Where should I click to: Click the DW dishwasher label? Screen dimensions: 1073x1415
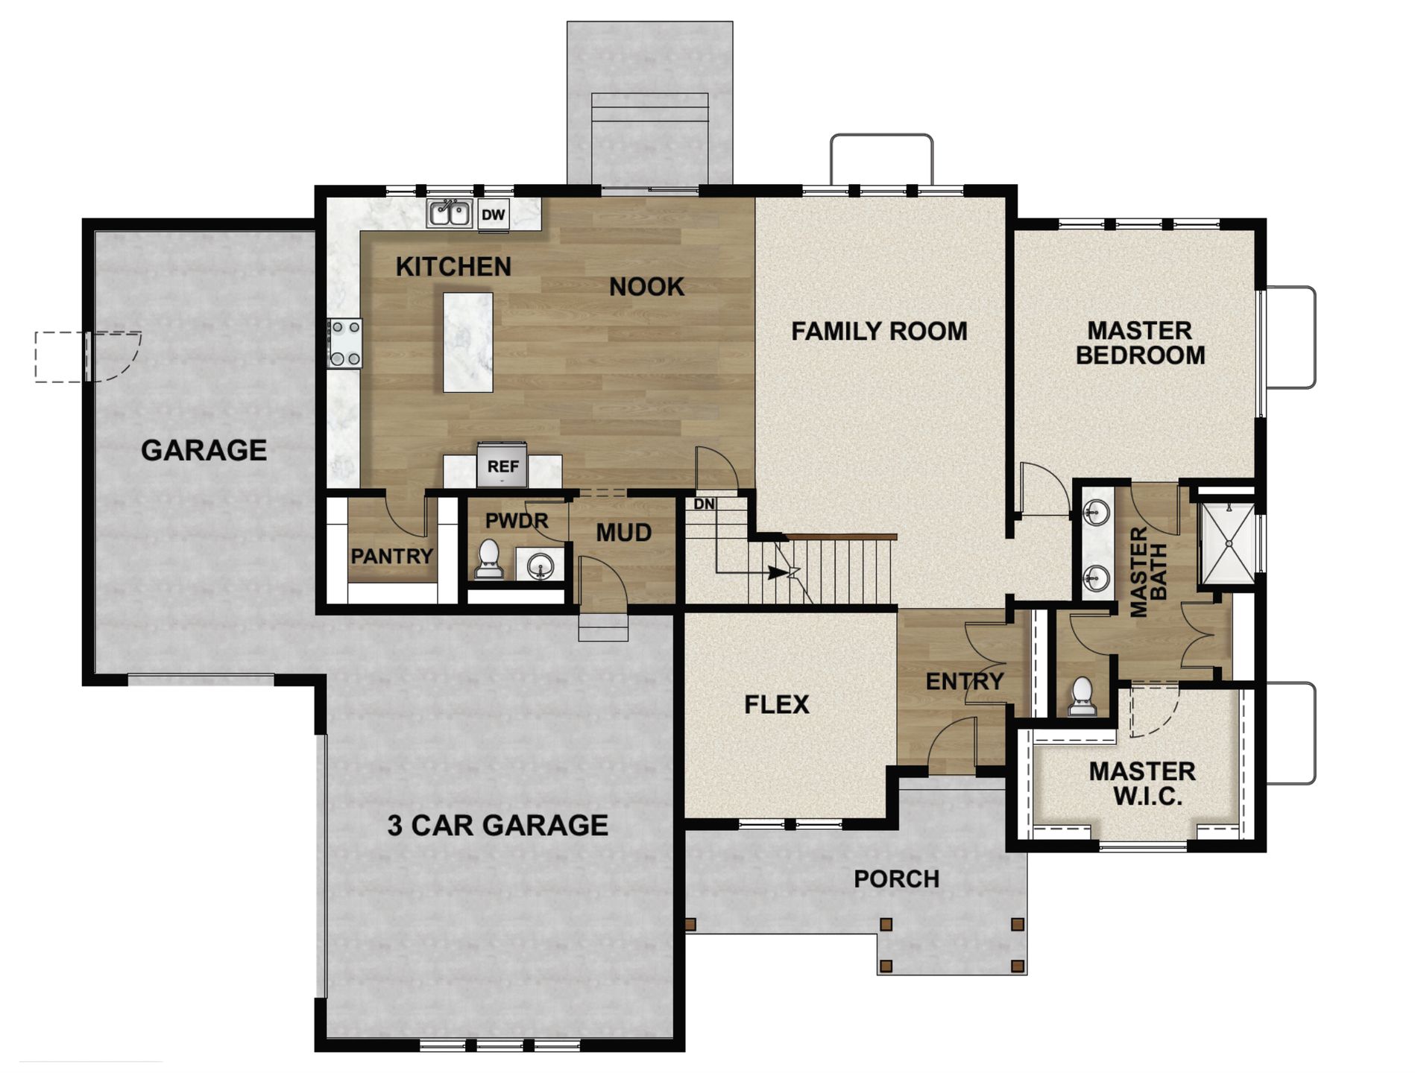[x=493, y=215]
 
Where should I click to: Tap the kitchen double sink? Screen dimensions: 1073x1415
[x=450, y=213]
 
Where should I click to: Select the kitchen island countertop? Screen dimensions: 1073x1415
[x=468, y=342]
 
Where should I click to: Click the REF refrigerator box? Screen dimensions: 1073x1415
[x=502, y=466]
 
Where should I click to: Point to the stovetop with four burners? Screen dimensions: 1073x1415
[x=345, y=343]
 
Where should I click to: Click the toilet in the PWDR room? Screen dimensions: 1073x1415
[x=489, y=559]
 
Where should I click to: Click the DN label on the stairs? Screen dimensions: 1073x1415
[x=704, y=504]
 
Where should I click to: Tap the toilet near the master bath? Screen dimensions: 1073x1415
[x=1081, y=697]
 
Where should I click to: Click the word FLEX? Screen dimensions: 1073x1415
[x=776, y=704]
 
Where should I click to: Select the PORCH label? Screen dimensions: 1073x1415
[x=896, y=879]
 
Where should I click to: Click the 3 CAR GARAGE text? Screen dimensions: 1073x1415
[x=497, y=825]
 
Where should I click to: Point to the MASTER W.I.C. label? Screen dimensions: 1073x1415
[x=1142, y=783]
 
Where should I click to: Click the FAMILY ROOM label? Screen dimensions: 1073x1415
[x=879, y=331]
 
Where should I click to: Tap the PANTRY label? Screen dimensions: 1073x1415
[x=391, y=556]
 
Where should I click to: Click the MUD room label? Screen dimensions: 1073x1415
[x=624, y=533]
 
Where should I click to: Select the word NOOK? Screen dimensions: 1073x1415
[x=646, y=287]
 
